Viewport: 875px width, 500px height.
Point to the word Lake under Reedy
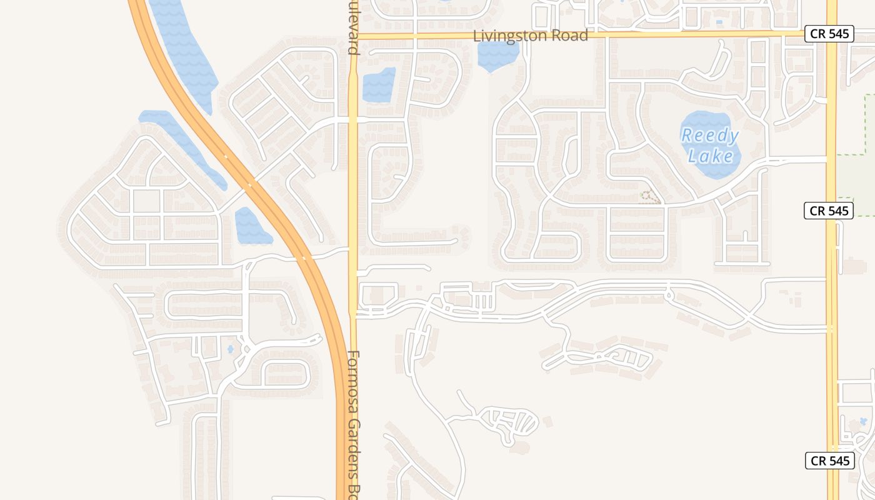click(711, 155)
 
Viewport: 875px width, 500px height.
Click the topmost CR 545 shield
click(829, 34)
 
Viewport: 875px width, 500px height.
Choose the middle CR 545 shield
click(829, 211)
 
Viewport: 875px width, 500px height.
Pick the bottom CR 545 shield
click(829, 461)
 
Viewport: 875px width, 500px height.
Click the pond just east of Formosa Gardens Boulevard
click(379, 85)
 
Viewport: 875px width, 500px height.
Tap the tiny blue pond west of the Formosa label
click(231, 349)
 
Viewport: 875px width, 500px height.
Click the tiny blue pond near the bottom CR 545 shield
click(864, 421)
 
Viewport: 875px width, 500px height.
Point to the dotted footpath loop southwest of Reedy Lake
click(649, 197)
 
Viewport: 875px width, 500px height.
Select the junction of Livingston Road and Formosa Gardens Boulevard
click(353, 36)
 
